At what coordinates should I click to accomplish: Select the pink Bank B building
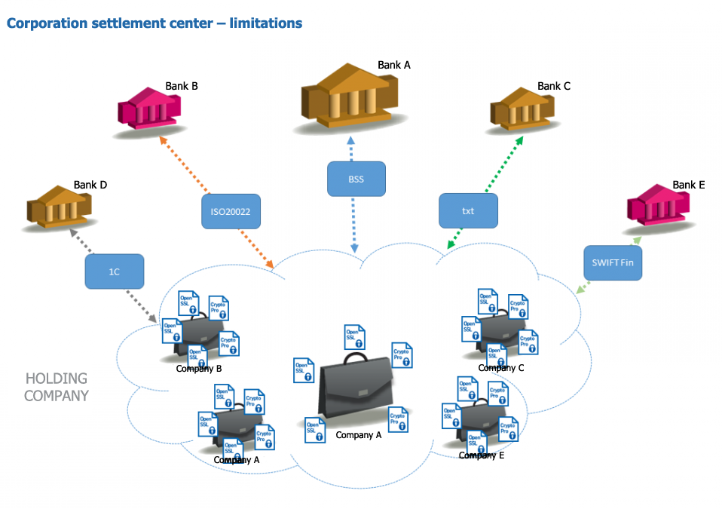pyautogui.click(x=151, y=109)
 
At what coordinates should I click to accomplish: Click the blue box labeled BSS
pyautogui.click(x=356, y=179)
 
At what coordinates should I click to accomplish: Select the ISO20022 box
pyautogui.click(x=231, y=212)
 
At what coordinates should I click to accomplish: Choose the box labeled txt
pyautogui.click(x=468, y=210)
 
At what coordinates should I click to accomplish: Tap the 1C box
pyautogui.click(x=114, y=271)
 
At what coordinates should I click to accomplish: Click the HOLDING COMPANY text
pyautogui.click(x=57, y=387)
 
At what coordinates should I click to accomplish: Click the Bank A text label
pyautogui.click(x=394, y=65)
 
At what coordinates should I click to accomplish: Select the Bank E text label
pyautogui.click(x=689, y=185)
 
